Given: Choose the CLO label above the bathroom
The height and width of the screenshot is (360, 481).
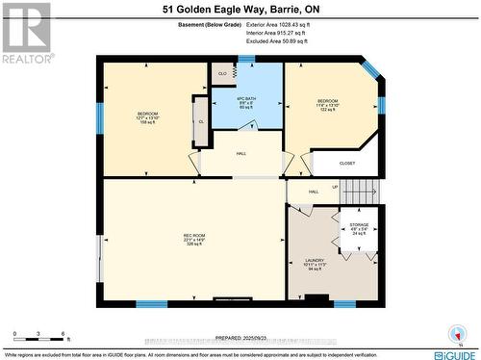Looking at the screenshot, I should (x=222, y=73).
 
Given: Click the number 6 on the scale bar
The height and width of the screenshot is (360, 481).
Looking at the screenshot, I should (x=63, y=333).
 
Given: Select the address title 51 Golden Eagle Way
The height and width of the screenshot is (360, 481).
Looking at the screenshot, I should (x=240, y=12).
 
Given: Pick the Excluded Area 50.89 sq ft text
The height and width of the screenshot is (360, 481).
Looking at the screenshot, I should (x=287, y=41).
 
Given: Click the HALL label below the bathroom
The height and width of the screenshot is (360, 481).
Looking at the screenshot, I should (x=242, y=153).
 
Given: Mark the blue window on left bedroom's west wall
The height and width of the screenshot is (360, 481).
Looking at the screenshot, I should (x=99, y=118).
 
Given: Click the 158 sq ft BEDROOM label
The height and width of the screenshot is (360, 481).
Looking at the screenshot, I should (x=146, y=117).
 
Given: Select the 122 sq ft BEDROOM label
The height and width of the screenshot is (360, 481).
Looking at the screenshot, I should (x=328, y=105).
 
